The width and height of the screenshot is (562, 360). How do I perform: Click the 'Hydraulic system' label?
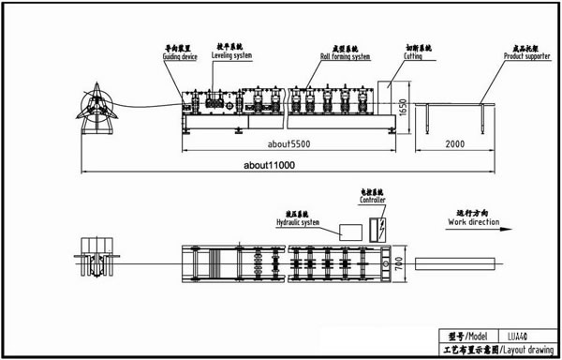(298, 223)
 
